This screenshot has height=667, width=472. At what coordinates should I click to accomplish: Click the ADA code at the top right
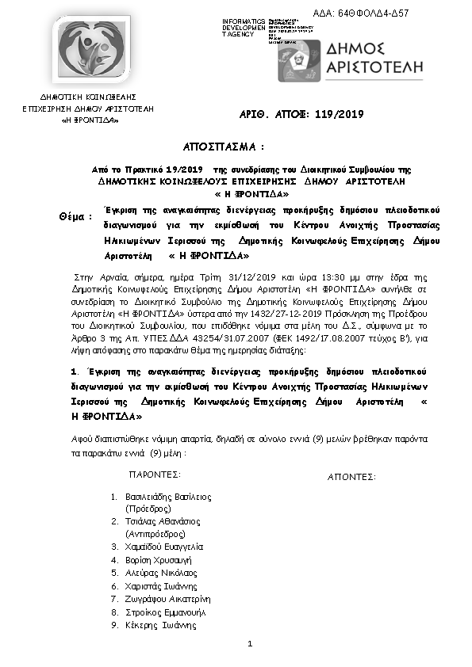tap(418, 13)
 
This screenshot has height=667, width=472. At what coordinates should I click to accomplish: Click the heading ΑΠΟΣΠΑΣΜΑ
tap(223, 148)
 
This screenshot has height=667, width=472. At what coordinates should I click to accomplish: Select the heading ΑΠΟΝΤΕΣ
tap(351, 477)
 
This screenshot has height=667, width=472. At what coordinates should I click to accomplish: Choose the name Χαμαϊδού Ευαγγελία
tap(164, 547)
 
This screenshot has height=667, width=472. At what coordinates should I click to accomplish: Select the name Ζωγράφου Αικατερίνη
tap(167, 600)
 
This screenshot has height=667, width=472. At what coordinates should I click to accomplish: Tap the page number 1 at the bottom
tap(249, 643)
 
